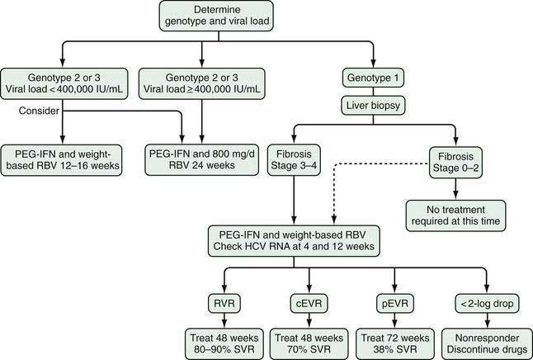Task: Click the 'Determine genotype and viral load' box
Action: pos(216,16)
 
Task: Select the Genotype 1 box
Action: pos(373,78)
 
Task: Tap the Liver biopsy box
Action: pos(373,106)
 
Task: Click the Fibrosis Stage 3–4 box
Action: pos(294,160)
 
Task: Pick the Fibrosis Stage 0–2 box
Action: pos(455,163)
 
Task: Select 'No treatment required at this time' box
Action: pos(455,216)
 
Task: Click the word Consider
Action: pos(39,111)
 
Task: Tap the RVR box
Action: pos(224,303)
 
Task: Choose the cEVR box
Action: pos(309,303)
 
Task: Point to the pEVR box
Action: pos(395,303)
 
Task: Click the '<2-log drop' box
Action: pos(487,303)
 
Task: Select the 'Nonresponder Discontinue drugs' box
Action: pos(487,343)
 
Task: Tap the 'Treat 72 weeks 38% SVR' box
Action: pos(395,343)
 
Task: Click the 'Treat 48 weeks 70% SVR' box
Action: pos(309,343)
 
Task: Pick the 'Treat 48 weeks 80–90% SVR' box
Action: pos(224,343)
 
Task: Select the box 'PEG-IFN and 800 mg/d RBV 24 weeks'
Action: pos(202,160)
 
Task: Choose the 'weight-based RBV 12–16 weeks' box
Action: pos(61,160)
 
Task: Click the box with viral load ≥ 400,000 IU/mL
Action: pos(202,83)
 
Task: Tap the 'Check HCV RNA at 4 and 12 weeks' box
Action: pos(294,240)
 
